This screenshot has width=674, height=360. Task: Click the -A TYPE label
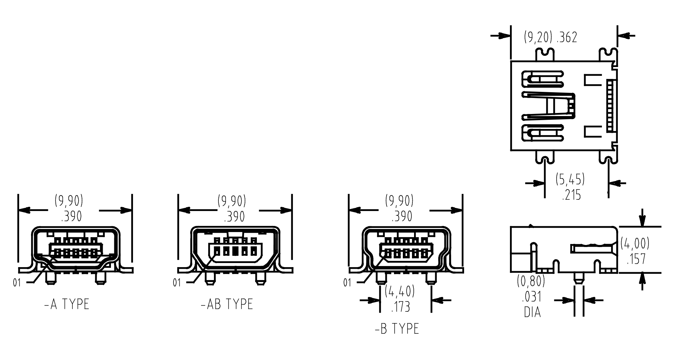[67, 304]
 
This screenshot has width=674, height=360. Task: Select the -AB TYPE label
[227, 304]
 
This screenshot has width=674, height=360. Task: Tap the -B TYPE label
[397, 329]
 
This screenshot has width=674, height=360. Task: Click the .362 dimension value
[567, 37]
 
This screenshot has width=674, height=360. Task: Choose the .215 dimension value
[572, 195]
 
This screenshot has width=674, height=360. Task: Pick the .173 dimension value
[400, 307]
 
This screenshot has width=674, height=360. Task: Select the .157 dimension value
[636, 259]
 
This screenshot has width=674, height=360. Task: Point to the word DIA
[532, 312]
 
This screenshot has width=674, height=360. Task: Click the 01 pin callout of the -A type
[17, 283]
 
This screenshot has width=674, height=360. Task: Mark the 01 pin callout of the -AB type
[177, 283]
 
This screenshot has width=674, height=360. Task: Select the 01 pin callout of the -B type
[347, 283]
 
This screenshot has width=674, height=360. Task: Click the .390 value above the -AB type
[234, 216]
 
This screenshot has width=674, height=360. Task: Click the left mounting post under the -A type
[50, 278]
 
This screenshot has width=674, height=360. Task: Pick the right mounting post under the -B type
[431, 278]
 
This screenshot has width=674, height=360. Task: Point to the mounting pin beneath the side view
[579, 278]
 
